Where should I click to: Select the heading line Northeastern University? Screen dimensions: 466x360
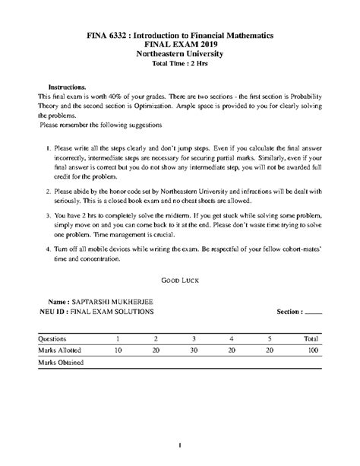(x=180, y=55)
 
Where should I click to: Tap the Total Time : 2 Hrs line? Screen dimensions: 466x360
(x=180, y=65)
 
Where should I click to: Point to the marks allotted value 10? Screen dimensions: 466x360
(x=118, y=350)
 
